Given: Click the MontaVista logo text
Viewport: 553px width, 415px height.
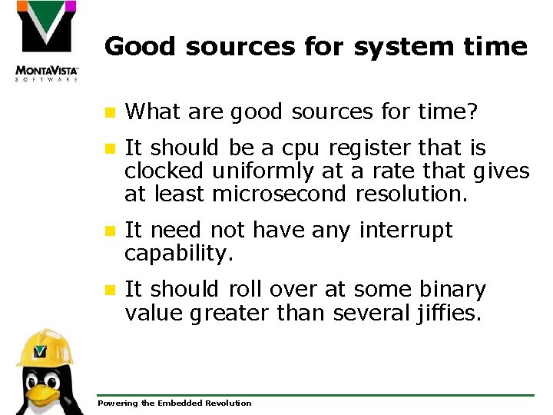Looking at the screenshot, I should click(x=47, y=70).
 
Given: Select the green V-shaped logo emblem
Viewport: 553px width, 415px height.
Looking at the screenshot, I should click(x=47, y=28).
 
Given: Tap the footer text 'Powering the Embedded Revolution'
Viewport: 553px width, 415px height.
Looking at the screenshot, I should click(x=174, y=403).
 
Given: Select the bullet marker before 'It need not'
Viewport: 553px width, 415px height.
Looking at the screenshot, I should click(x=111, y=231).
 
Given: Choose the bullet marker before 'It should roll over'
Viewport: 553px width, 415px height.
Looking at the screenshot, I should click(x=111, y=290).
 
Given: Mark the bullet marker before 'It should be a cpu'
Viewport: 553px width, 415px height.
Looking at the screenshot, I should click(x=111, y=148).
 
